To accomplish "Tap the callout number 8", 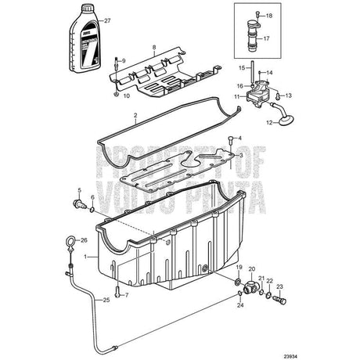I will (154, 48).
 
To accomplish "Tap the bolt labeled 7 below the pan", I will (116, 294).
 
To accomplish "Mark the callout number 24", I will (239, 305).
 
